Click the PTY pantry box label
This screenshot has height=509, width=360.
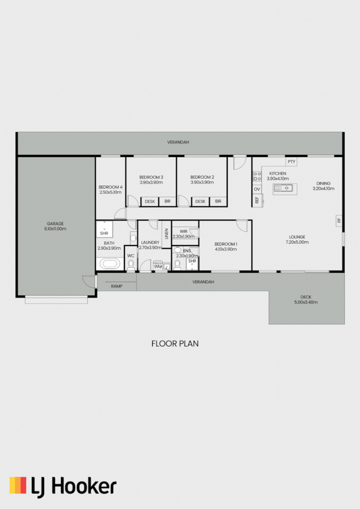[x=291, y=162]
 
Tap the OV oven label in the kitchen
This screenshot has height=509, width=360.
[x=257, y=189]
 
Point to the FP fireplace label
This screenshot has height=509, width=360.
[x=339, y=220]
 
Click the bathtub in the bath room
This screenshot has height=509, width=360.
[x=109, y=264]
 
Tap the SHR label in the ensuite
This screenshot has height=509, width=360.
[x=192, y=261]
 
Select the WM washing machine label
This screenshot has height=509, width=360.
[x=158, y=266]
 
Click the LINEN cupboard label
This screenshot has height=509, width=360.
[x=166, y=234]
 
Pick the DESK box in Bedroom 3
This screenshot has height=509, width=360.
[x=150, y=201]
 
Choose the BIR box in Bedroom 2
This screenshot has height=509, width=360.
[x=218, y=201]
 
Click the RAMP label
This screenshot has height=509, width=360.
[x=116, y=286]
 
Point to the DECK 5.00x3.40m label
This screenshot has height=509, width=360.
[x=306, y=300]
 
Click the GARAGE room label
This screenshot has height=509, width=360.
[x=55, y=226]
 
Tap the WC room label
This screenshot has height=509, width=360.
[x=131, y=255]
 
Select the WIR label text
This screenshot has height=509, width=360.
[x=183, y=231]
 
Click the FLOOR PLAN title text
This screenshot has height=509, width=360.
[x=175, y=344]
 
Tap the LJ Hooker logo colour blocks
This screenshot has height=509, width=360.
[x=18, y=485]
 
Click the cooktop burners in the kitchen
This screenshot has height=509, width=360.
[x=257, y=176]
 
